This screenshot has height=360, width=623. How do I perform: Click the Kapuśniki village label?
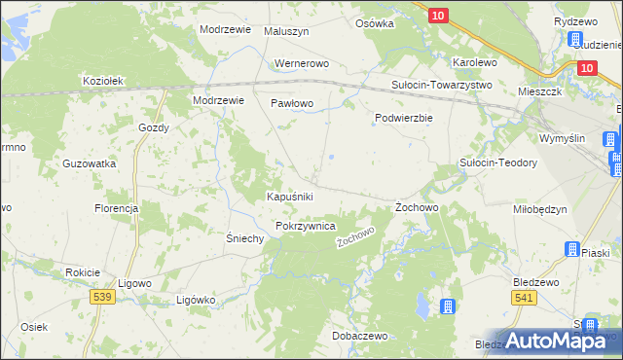click(289, 197)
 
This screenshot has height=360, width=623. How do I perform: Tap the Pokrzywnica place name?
click(306, 226)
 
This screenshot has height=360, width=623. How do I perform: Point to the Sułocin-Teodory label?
click(498, 162)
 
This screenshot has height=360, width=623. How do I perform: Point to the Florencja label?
click(116, 208)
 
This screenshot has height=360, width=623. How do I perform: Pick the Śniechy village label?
click(245, 238)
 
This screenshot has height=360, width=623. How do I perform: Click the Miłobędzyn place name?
click(539, 209)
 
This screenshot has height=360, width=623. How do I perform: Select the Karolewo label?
click(475, 62)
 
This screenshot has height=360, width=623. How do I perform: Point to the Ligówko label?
click(195, 300)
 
